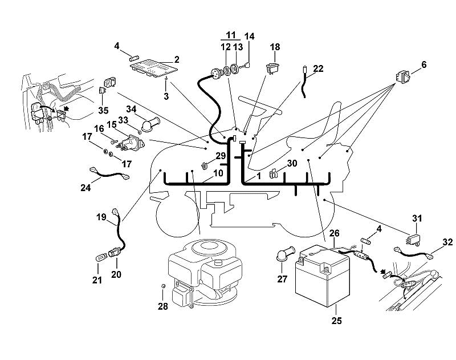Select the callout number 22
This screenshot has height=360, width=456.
(x=318, y=68)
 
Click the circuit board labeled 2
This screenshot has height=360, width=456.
(x=153, y=68)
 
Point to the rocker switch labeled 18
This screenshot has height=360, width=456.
(x=273, y=68)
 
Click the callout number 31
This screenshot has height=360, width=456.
(x=417, y=219)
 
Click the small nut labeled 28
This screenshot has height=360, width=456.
(x=163, y=286)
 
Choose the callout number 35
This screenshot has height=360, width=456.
(x=103, y=111)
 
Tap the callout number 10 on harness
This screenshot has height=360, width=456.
(x=218, y=173)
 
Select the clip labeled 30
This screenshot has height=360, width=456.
(x=273, y=173)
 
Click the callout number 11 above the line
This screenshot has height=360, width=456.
(x=230, y=35)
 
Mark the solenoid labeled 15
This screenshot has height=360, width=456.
(x=132, y=143)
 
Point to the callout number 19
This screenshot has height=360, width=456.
(x=101, y=217)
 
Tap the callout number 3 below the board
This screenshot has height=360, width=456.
(x=166, y=96)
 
